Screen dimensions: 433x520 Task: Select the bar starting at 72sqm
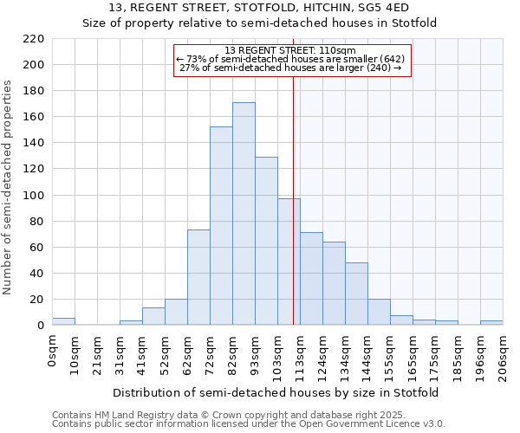point(221,226)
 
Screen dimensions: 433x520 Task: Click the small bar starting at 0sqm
point(63,321)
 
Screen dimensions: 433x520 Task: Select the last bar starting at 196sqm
point(491,323)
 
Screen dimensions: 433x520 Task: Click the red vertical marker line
point(294,199)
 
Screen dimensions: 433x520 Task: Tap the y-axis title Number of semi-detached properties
point(9,187)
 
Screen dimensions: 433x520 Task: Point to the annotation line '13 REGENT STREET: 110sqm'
point(291,50)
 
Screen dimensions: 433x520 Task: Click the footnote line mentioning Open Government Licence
point(249,424)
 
